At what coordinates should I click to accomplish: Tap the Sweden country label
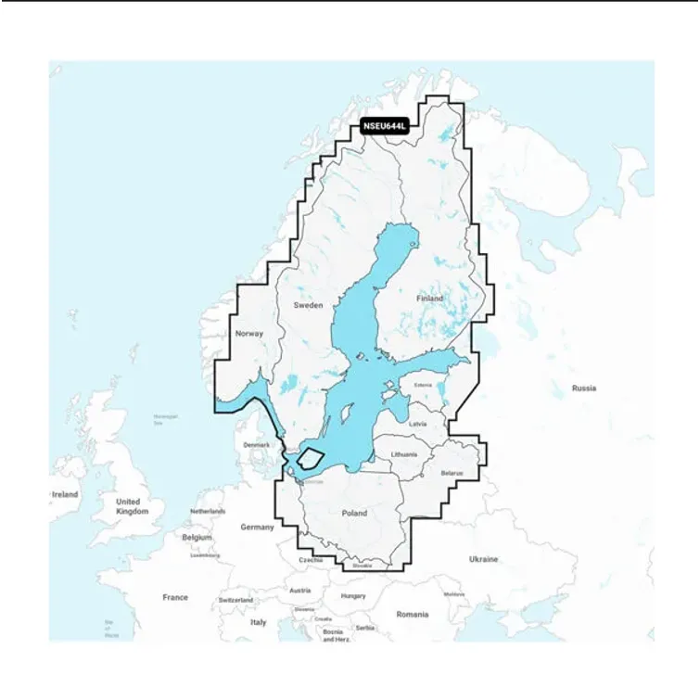(x=308, y=305)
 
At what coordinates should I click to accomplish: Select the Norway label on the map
(x=249, y=333)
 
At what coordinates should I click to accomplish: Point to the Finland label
(x=429, y=299)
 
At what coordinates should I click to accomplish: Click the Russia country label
(x=584, y=388)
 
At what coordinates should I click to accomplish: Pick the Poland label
(x=354, y=513)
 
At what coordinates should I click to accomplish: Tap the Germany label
(x=257, y=527)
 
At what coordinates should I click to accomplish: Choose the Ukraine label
(x=483, y=559)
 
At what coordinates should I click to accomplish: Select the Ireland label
(x=64, y=494)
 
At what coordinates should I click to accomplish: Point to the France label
(x=175, y=597)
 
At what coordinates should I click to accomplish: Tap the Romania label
(x=413, y=614)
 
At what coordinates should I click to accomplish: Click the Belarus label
(x=452, y=473)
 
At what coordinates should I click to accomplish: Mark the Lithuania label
(x=404, y=454)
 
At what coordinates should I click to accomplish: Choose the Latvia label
(x=417, y=423)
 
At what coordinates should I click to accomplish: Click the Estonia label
(x=423, y=385)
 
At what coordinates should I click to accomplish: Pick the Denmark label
(x=256, y=445)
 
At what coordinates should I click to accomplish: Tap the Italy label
(x=258, y=622)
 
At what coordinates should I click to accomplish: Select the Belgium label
(x=197, y=537)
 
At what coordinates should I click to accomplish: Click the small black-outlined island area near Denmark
(x=310, y=458)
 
